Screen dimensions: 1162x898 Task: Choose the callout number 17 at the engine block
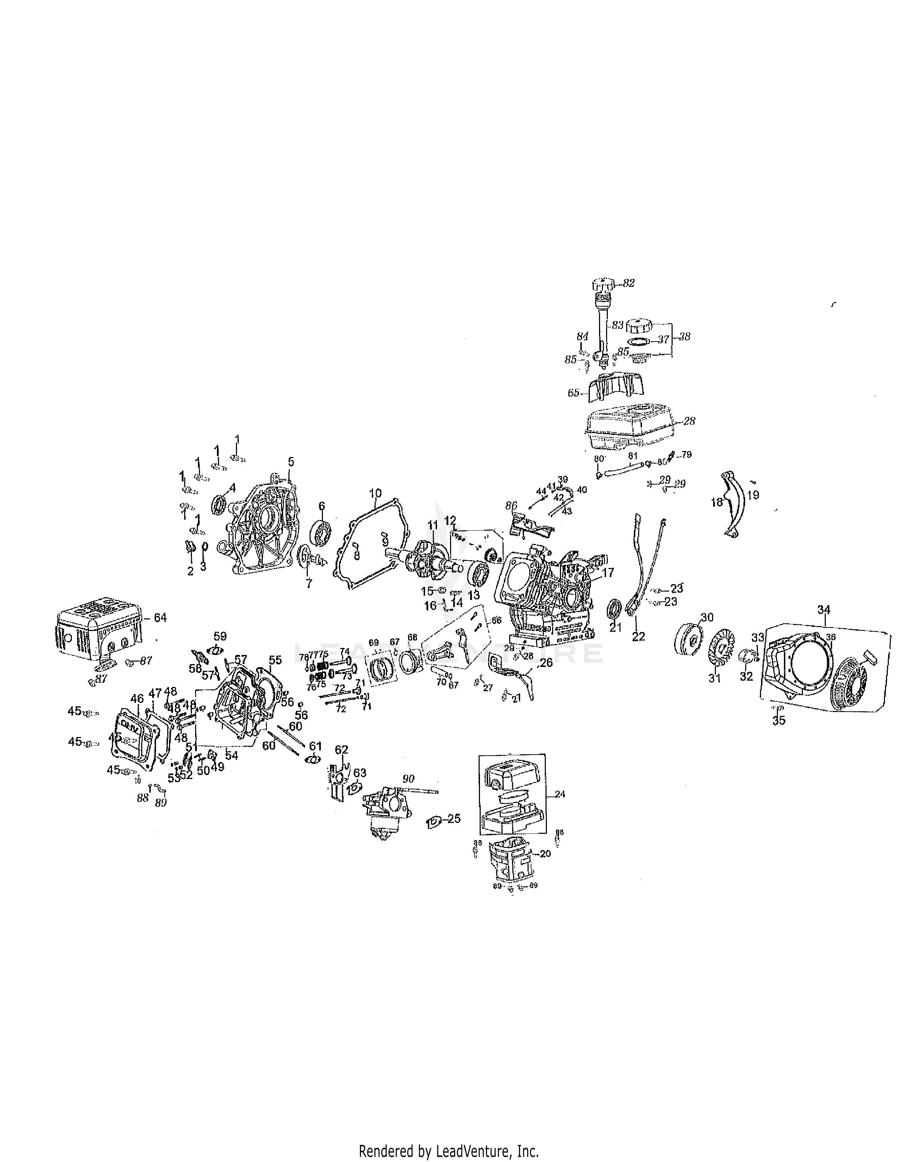point(608,573)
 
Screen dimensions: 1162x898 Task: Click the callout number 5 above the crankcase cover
point(291,461)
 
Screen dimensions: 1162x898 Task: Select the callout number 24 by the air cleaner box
point(560,794)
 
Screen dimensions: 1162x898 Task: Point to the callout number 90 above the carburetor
point(408,779)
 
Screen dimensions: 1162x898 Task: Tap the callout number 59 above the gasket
point(220,636)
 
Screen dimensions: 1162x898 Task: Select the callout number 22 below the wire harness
point(638,636)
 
